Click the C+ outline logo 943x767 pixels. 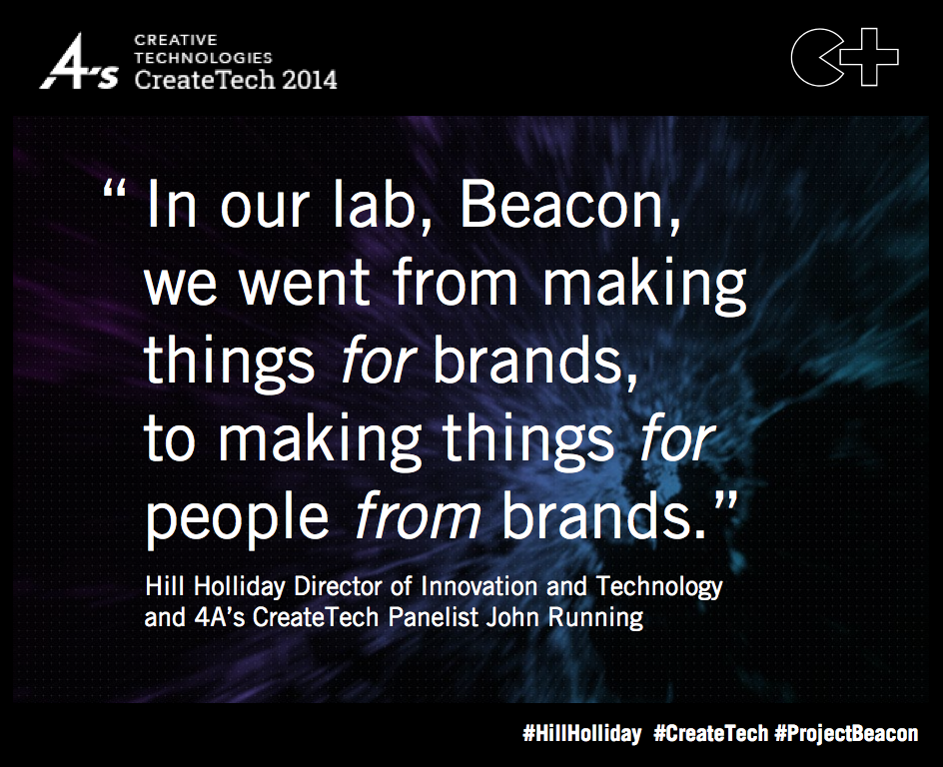click(x=844, y=56)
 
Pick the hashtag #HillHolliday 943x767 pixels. click(x=581, y=734)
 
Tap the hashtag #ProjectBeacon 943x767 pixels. click(x=846, y=734)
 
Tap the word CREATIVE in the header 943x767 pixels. click(x=176, y=40)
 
